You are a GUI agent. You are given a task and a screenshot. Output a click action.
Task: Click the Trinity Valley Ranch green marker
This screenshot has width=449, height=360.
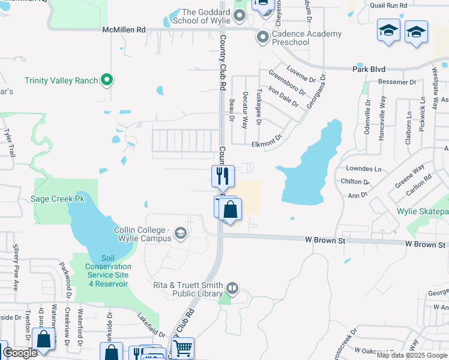[107, 80]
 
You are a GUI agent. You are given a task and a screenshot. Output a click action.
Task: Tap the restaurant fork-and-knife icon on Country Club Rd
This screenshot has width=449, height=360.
[223, 176]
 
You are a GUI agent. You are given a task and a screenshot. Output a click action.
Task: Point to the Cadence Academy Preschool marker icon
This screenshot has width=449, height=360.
[262, 38]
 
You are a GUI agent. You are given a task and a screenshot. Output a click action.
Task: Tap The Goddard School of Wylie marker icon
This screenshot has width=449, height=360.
[240, 15]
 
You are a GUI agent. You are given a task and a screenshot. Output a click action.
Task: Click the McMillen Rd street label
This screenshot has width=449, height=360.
[124, 29]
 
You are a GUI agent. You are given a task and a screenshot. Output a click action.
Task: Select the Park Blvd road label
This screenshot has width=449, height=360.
[369, 70]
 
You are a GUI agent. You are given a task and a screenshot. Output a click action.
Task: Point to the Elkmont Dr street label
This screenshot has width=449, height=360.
[267, 142]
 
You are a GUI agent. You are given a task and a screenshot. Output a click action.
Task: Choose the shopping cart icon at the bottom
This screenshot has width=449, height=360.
[182, 347]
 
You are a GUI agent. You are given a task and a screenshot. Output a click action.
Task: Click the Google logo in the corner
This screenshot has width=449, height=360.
[20, 353]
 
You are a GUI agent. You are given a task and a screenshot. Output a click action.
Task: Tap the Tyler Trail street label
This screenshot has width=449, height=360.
[8, 142]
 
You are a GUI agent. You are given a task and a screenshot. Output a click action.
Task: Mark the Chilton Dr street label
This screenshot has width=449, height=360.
[354, 181]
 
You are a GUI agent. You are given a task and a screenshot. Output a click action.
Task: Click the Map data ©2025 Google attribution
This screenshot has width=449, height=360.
[412, 355]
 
